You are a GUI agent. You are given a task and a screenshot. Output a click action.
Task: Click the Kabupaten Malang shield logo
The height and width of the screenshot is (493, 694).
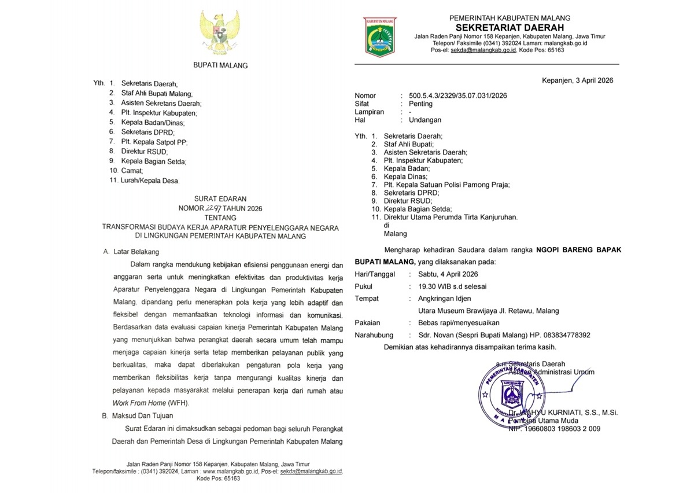tap(380, 36)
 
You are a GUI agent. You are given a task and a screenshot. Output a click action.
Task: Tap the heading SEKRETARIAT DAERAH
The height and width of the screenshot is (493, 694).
tap(510, 27)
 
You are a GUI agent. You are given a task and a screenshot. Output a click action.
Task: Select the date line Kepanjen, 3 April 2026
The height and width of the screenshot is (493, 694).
tap(577, 80)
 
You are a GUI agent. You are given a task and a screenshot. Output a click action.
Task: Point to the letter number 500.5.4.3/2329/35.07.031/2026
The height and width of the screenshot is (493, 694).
tap(457, 95)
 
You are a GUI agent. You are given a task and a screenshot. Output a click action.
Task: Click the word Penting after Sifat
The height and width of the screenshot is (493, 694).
tap(420, 104)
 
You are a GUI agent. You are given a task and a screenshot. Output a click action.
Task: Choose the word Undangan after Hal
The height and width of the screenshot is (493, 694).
tap(425, 120)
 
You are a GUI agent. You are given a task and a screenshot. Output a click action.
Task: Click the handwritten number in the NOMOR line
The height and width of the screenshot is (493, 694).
tap(214, 208)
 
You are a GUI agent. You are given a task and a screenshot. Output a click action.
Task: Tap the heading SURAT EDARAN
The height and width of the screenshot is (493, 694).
tap(220, 199)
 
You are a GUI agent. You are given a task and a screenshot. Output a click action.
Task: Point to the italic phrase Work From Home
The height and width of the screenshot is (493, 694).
tap(139, 403)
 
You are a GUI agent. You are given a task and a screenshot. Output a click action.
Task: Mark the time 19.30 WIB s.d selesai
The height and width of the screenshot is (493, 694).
tap(452, 286)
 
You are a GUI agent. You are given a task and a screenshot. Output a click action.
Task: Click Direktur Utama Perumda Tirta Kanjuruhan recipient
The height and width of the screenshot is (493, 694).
tap(451, 217)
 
